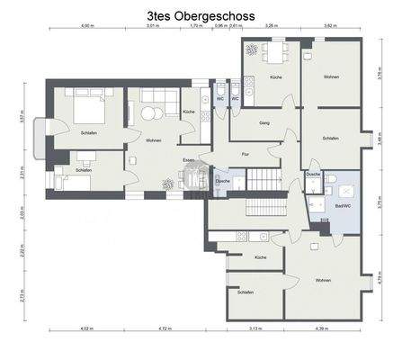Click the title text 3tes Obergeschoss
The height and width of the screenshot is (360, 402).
[200, 15]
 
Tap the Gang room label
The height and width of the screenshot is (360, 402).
[264, 122]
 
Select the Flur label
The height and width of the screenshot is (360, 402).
[244, 154]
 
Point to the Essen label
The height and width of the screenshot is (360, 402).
[188, 159]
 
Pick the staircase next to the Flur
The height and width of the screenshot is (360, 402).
[265, 181]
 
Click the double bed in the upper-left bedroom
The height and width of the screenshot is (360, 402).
[86, 112]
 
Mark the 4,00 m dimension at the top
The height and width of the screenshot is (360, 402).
[86, 27]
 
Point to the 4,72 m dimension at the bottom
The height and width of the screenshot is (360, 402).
[164, 330]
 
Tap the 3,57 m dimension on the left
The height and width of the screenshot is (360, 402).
[20, 116]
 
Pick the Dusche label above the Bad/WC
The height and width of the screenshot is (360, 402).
[313, 174]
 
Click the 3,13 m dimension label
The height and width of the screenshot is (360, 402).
[255, 330]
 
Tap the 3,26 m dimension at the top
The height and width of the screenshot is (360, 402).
[271, 27]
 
